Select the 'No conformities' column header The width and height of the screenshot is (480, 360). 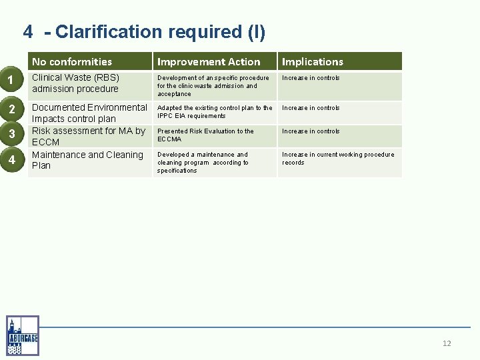pyautogui.click(x=72, y=61)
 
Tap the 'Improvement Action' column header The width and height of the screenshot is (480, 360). pyautogui.click(x=209, y=61)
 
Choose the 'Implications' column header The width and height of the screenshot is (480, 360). pyautogui.click(x=312, y=61)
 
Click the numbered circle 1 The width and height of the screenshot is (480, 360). pyautogui.click(x=11, y=81)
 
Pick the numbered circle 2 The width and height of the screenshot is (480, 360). pyautogui.click(x=11, y=109)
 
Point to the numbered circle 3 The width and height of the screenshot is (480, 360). pyautogui.click(x=11, y=134)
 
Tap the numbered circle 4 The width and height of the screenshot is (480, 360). pyautogui.click(x=11, y=159)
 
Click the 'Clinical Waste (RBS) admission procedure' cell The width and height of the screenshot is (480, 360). pyautogui.click(x=75, y=83)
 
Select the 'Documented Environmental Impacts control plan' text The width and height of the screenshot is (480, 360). pyautogui.click(x=89, y=113)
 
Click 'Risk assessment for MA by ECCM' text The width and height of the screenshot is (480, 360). pyautogui.click(x=89, y=136)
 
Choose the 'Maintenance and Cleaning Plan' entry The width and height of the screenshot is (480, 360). pyautogui.click(x=87, y=160)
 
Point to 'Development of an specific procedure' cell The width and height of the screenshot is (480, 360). pyautogui.click(x=213, y=85)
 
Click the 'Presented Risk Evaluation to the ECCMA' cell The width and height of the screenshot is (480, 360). pyautogui.click(x=205, y=135)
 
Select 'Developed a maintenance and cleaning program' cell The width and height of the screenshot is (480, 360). pyautogui.click(x=203, y=162)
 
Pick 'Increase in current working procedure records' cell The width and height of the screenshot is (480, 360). pyautogui.click(x=338, y=158)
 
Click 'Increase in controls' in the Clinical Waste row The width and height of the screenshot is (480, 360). pyautogui.click(x=311, y=78)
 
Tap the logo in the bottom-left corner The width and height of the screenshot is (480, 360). pyautogui.click(x=23, y=335)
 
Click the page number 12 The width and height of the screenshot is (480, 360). pyautogui.click(x=447, y=343)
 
